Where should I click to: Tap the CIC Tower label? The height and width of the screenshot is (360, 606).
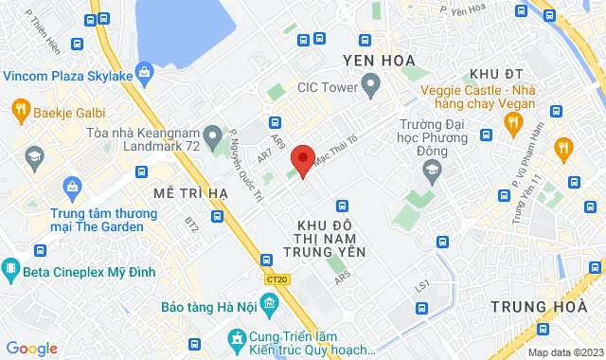pyautogui.click(x=326, y=88)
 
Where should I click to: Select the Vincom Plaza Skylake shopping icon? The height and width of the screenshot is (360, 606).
pyautogui.click(x=144, y=71)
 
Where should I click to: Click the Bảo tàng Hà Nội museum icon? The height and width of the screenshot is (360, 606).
pyautogui.click(x=270, y=305)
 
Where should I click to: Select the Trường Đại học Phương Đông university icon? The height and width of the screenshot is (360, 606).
pyautogui.click(x=432, y=171)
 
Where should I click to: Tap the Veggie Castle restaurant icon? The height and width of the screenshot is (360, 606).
pyautogui.click(x=513, y=121)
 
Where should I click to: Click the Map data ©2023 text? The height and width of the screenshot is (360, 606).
pyautogui.click(x=564, y=352)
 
